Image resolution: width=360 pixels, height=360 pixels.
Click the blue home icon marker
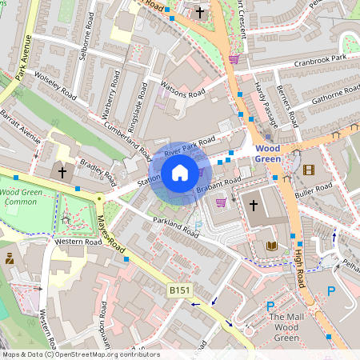tap(180, 173)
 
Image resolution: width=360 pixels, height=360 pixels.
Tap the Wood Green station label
tap(269, 154)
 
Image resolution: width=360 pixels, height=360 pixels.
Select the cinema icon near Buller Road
tap(309, 169)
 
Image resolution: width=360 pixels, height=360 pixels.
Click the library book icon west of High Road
tap(272, 246)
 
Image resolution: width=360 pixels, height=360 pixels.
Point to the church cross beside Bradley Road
tap(61, 172)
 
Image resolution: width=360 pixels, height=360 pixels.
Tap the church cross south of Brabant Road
tap(254, 205)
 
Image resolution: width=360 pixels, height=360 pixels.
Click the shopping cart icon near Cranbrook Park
tap(234, 58)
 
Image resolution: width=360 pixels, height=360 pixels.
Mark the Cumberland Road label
tap(126, 137)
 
